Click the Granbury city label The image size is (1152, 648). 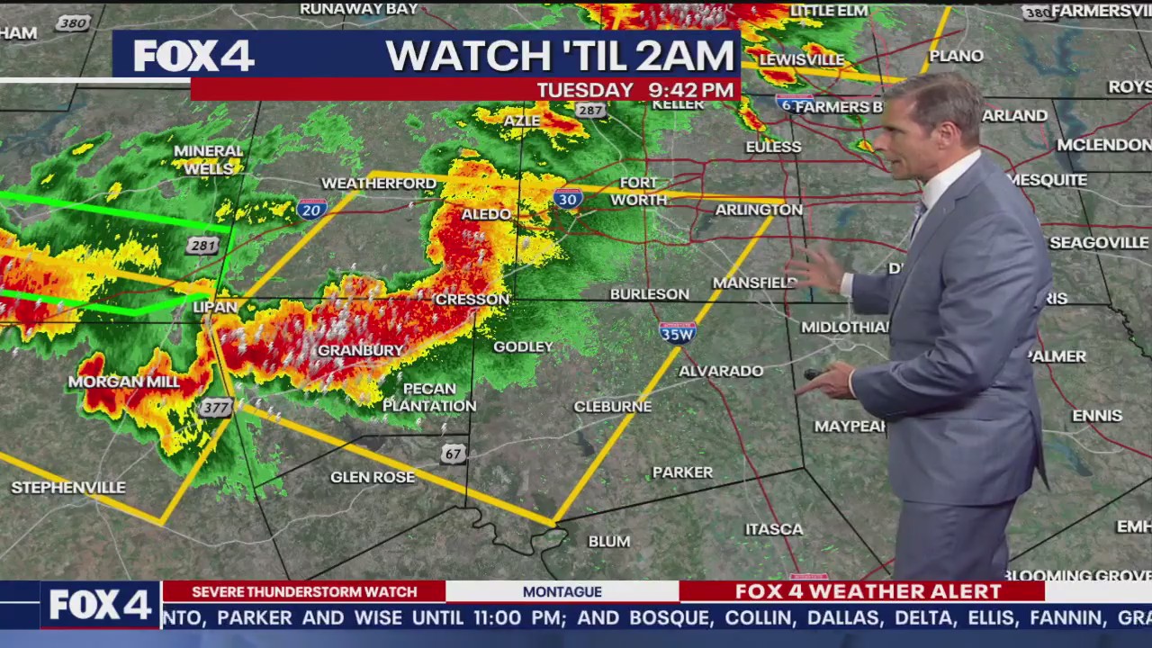361,350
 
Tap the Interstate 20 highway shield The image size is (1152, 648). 311,210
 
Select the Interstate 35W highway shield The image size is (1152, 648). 677,333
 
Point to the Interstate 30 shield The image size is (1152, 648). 568,199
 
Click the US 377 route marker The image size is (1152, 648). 216,408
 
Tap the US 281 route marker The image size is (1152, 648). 203,246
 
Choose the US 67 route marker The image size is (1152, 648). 454,454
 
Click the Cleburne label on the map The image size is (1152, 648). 613,407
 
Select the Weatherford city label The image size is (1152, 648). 379,184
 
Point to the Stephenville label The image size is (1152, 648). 68,488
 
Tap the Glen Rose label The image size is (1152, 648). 373,477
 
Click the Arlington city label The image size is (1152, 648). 759,210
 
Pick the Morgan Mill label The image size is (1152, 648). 124,382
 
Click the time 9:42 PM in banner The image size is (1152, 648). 691,90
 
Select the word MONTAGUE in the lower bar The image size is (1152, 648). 562,591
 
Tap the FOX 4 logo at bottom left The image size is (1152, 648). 99,605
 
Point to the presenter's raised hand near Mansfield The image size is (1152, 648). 815,268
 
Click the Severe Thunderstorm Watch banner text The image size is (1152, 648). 304,591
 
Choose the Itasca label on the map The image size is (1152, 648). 774,529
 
